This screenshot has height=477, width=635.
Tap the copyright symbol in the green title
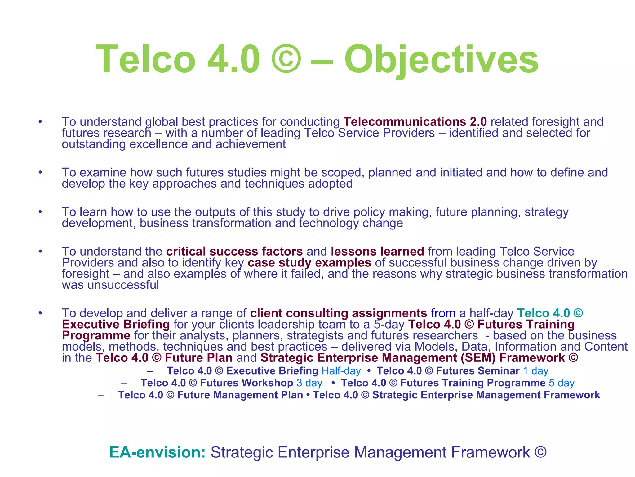(286, 59)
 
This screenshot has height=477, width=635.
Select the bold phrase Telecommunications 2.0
(415, 122)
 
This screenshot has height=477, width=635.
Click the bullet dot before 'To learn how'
(40, 212)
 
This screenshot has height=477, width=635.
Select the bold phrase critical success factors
(234, 251)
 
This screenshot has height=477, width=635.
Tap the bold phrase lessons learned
(377, 251)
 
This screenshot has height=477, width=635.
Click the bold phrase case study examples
(309, 263)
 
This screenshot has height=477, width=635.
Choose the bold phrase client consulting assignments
(339, 313)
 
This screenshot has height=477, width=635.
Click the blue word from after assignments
(443, 313)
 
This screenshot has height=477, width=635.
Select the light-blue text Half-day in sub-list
(341, 371)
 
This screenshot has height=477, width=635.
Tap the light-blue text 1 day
(535, 371)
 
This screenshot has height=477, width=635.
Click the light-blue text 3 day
(309, 383)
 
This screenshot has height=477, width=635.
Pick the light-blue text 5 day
(562, 383)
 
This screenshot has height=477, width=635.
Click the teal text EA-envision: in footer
(158, 452)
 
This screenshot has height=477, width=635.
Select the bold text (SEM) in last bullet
(478, 358)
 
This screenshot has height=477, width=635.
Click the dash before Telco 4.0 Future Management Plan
(101, 395)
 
